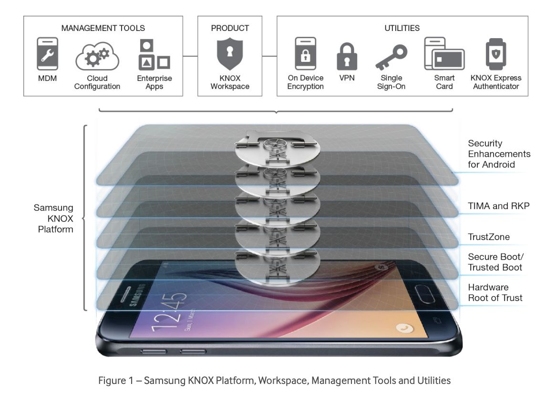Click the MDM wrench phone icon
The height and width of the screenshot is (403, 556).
[x=47, y=54]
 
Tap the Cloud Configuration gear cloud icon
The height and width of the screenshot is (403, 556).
[x=97, y=57]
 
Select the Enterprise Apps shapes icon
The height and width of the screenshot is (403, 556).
[x=154, y=54]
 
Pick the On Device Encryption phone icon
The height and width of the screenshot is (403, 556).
[x=305, y=54]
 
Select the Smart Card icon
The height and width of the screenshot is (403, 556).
[x=444, y=54]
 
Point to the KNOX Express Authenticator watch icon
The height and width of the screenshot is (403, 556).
[x=496, y=53]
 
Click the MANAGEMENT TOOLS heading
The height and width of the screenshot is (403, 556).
[x=103, y=28]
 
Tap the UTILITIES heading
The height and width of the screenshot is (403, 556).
[x=402, y=28]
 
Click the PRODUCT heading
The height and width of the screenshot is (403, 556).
[x=230, y=28]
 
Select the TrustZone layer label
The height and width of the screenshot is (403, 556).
[x=489, y=237]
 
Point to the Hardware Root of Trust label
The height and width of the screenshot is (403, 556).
[x=495, y=292]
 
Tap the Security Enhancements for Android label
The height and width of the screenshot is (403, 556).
[x=499, y=154]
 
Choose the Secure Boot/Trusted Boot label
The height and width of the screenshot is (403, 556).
[x=495, y=262]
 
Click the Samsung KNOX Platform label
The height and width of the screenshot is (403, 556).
[x=53, y=219]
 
